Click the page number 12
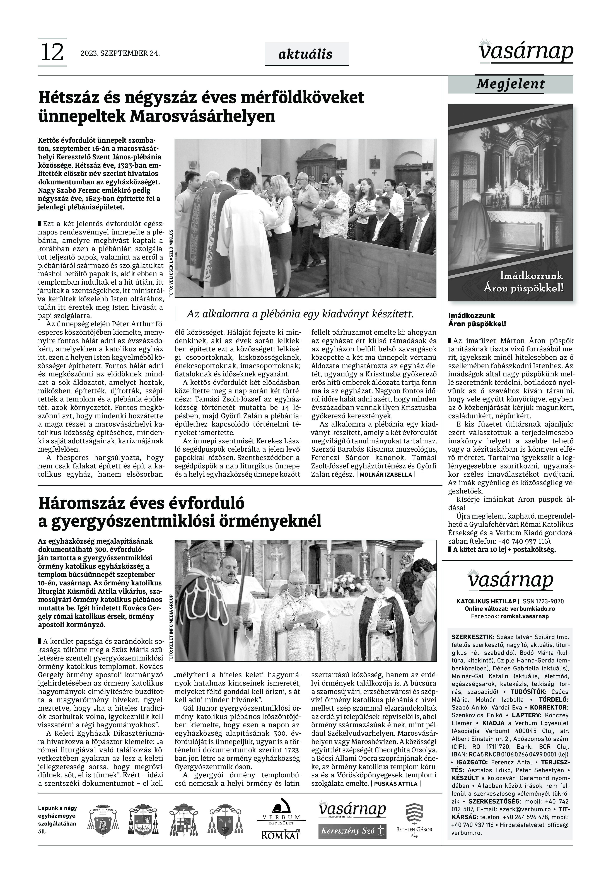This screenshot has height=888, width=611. click(52, 52)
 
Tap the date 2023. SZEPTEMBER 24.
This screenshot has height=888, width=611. click(120, 53)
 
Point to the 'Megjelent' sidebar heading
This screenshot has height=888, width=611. click(510, 84)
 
